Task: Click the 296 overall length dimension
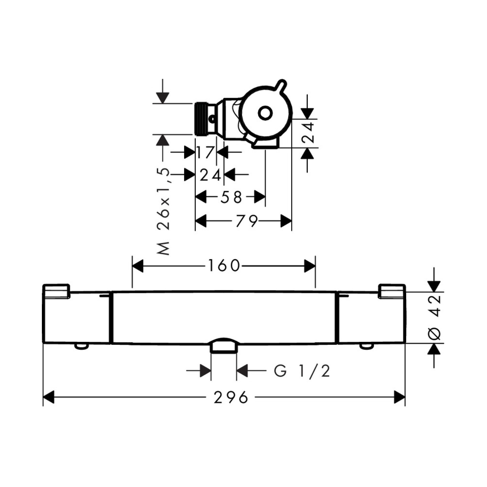(231, 397)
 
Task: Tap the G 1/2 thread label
(302, 371)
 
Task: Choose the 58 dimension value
(231, 197)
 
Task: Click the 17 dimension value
(206, 152)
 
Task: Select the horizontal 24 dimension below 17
(210, 175)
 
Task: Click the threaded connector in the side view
(202, 119)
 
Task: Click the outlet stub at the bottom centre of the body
(224, 345)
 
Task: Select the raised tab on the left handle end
(56, 291)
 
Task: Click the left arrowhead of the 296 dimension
(48, 397)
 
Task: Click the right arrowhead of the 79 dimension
(286, 221)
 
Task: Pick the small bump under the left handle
(81, 347)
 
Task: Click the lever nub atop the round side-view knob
(281, 84)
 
